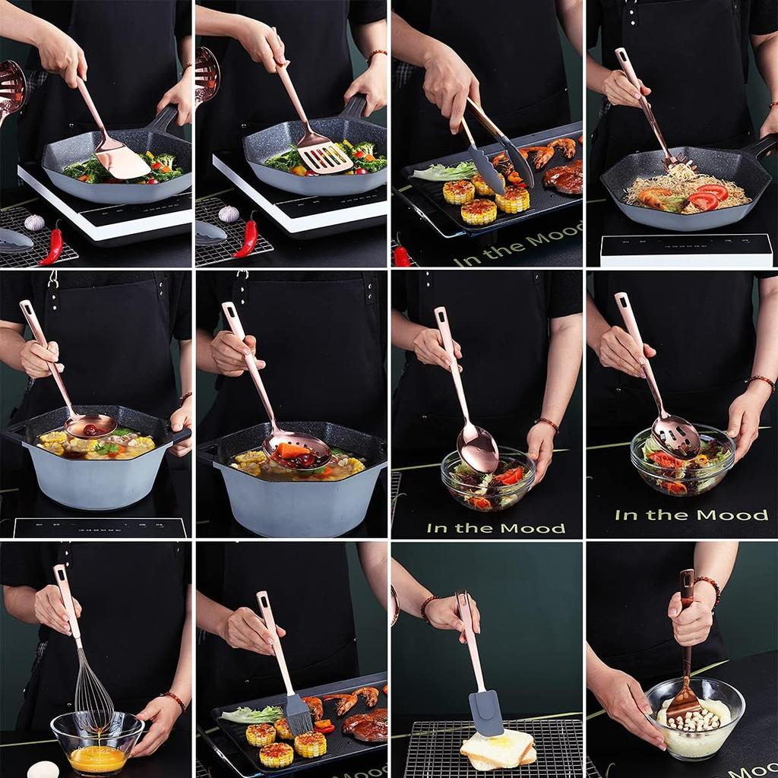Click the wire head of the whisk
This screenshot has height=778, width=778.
[x=93, y=695]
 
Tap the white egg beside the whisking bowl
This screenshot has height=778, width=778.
[x=43, y=769]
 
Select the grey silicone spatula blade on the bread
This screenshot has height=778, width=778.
[x=485, y=712]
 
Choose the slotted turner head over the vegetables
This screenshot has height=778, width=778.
[x=324, y=156]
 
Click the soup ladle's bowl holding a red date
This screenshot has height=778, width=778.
[x=90, y=426]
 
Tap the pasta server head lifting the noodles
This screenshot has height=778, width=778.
[x=679, y=163]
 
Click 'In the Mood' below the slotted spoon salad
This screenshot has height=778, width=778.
[x=691, y=515]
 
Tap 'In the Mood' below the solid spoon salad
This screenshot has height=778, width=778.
[x=495, y=528]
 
